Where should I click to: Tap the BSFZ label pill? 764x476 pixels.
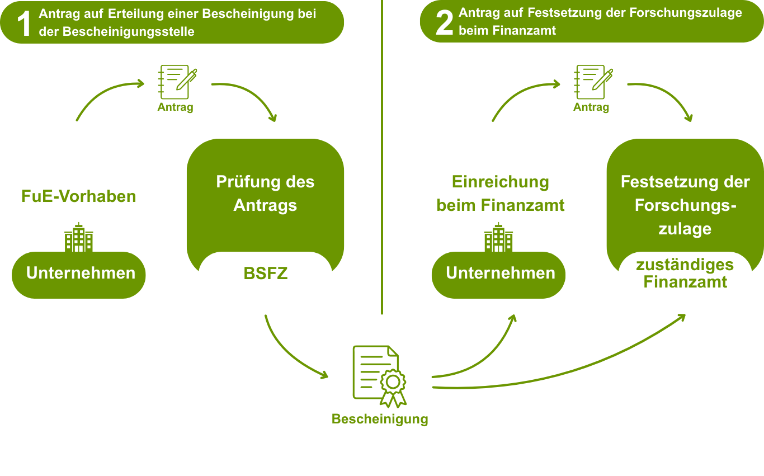coord(265,274)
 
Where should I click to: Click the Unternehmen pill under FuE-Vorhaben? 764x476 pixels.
coord(81,274)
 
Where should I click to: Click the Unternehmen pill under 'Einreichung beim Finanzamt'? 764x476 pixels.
coord(500,274)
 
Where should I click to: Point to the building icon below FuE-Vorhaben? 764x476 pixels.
coord(79,237)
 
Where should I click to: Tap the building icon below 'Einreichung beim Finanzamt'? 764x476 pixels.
coord(498,237)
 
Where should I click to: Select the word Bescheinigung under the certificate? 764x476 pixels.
coord(380,419)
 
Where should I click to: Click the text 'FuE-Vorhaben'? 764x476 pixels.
coord(79,197)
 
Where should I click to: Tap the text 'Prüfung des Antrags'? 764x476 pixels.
coord(265,194)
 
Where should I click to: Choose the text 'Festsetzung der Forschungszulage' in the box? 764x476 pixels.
coord(685,205)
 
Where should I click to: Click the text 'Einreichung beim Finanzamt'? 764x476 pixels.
coord(500,194)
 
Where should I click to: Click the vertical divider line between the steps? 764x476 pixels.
coord(381,168)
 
